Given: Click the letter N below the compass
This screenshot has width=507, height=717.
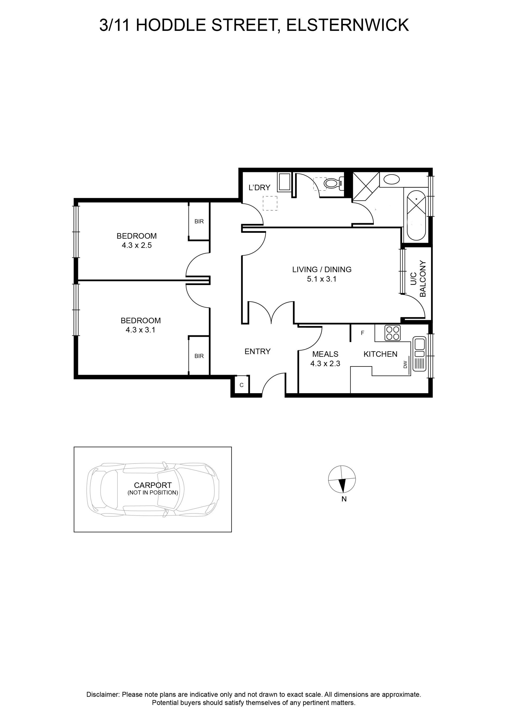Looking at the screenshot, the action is [x=344, y=499].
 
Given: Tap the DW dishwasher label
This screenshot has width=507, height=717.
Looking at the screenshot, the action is [x=405, y=364].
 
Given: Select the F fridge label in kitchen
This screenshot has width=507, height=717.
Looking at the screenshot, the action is [x=363, y=333].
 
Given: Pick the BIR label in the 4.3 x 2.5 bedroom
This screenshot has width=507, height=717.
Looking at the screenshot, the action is [x=199, y=221].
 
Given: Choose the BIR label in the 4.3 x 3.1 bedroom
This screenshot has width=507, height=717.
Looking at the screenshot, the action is [x=199, y=356].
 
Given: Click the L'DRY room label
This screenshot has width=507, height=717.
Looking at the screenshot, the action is [x=259, y=188].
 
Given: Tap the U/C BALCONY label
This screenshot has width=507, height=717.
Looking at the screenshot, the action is [x=418, y=278].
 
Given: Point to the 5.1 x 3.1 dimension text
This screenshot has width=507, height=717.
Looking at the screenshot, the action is [x=322, y=279].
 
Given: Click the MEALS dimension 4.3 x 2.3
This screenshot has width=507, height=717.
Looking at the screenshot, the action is [x=325, y=364].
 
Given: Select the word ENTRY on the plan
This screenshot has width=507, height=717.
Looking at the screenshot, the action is [x=257, y=352].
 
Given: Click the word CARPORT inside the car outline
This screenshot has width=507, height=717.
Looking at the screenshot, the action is [x=153, y=485].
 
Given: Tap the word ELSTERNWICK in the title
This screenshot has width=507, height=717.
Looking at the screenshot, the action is [x=347, y=25].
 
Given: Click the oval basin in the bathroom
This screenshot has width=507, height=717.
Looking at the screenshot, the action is [x=392, y=180].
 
